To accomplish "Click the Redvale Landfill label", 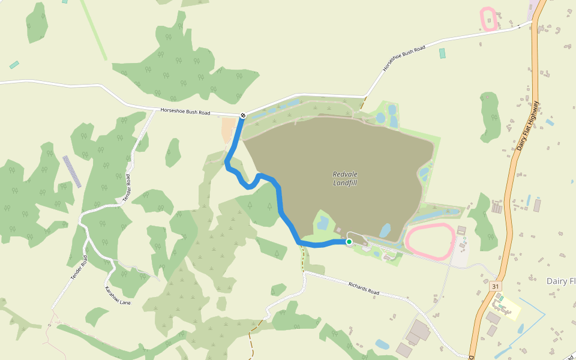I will pos(344,178).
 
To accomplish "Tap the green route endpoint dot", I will pos(349,242).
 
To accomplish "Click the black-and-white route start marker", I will pos(242,115).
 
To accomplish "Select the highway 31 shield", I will pos(495,287).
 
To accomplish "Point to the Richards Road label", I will pos(364,288).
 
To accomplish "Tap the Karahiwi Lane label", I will pos(118,295).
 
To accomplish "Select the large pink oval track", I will pos(430,241).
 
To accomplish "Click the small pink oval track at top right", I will pos(488,19).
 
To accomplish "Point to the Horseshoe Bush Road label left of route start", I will pos(185,112).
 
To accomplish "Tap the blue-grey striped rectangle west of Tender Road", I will pos(72,172).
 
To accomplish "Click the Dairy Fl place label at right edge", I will pos(561,281).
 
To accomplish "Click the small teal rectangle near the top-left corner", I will pos(14,64).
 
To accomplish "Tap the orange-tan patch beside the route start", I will pos(229,130).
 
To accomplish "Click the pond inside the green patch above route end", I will pos(322,223).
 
